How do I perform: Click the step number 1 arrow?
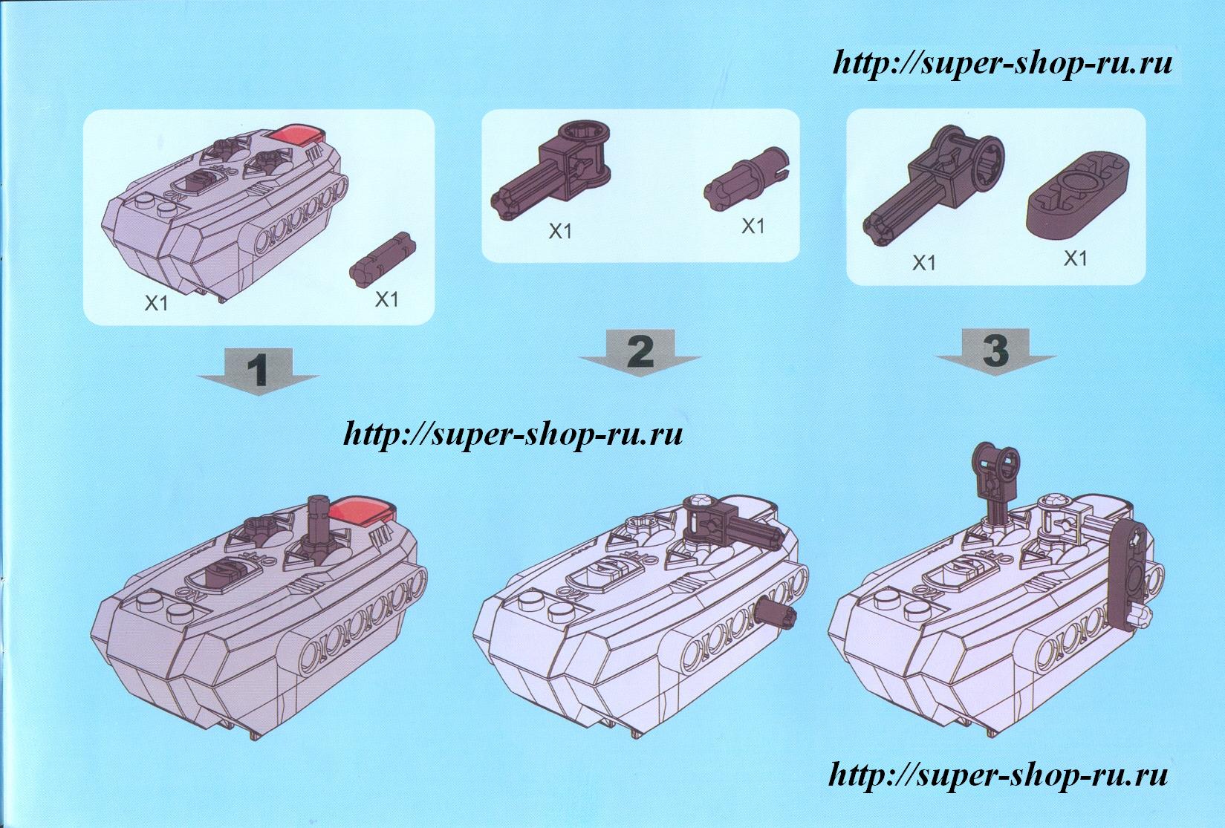(x=258, y=371)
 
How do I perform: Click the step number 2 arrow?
(x=640, y=353)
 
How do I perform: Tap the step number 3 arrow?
(x=995, y=351)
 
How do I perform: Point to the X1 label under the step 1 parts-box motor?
(x=156, y=303)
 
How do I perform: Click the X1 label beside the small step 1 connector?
(x=386, y=299)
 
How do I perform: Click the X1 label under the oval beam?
(x=1075, y=258)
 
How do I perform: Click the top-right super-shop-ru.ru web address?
(x=1002, y=64)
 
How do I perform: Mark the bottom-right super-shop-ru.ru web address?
(x=998, y=775)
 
